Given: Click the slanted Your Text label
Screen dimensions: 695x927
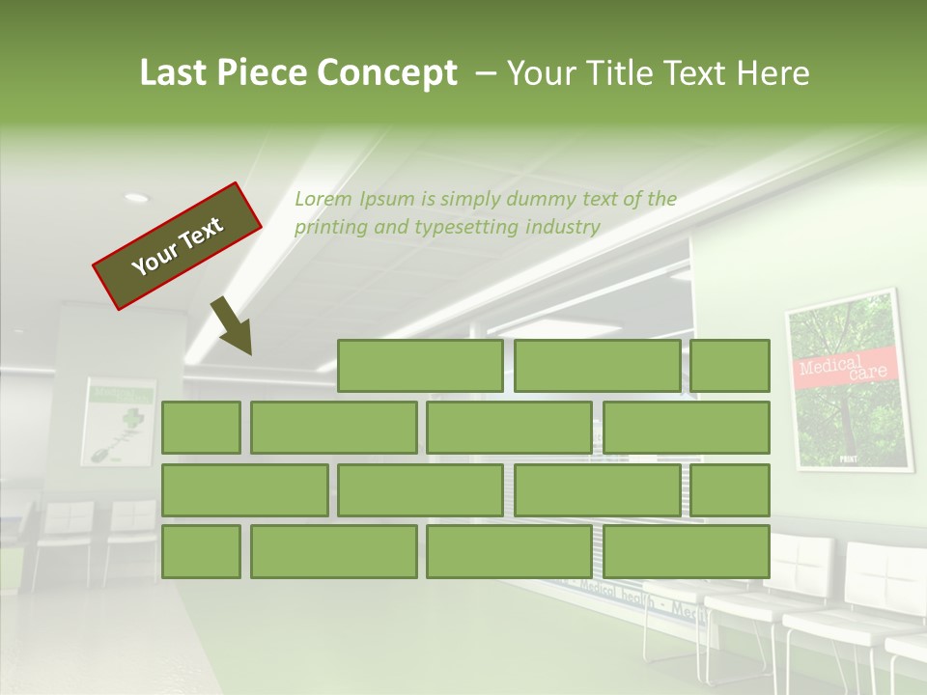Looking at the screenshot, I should [x=177, y=246].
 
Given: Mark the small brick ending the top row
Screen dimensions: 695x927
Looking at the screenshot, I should [x=730, y=366].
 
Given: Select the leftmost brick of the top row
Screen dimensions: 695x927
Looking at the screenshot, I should [x=420, y=366].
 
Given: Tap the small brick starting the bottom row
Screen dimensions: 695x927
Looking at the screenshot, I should [x=201, y=551].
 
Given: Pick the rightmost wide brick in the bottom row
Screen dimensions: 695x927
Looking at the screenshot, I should [x=687, y=551].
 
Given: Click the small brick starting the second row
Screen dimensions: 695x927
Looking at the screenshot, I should [x=201, y=428].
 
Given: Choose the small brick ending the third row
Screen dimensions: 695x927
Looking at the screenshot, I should [x=730, y=489].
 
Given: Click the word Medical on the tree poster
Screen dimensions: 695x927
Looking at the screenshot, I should [x=830, y=365].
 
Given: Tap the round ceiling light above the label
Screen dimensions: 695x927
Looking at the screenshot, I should [x=137, y=198].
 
